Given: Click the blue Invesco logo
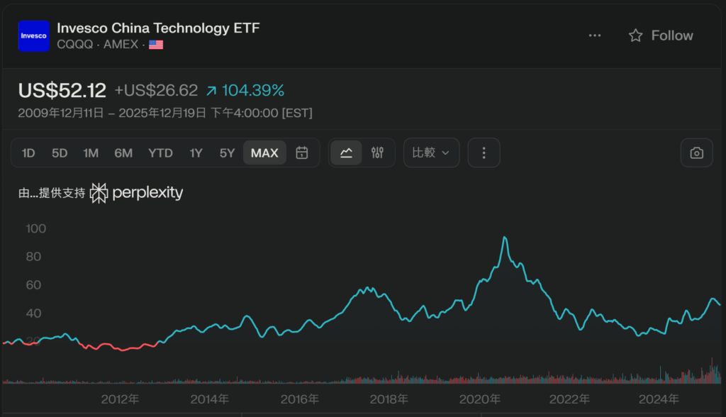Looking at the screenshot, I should [33, 35].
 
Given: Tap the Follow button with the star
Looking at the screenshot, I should [661, 35].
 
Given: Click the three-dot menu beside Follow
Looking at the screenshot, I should [595, 35].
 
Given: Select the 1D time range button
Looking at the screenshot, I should [28, 152].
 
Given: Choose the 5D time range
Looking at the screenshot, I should [60, 152].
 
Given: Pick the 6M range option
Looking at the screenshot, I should [123, 152].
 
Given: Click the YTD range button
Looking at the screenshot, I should [160, 152].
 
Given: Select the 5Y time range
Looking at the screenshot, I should [227, 152].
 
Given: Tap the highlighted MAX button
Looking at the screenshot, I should [264, 152].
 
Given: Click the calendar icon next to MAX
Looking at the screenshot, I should [302, 152].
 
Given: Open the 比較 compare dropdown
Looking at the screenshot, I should [431, 152].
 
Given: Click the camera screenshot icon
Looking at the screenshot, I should [697, 152].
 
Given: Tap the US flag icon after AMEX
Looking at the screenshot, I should [156, 45].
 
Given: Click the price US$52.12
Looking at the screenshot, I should [62, 91].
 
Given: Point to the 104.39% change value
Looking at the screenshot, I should [253, 91].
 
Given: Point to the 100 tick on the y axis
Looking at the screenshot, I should [35, 228].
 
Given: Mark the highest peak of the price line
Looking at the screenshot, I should [505, 238].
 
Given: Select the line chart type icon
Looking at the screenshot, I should [346, 152].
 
